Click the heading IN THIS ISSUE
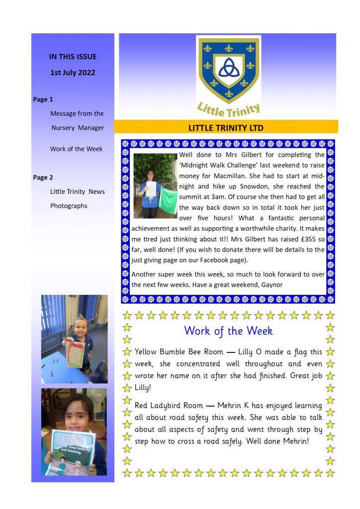[73, 57]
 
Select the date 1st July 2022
[73, 73]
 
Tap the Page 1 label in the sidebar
[43, 99]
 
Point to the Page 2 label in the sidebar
[43, 177]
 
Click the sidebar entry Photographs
[69, 206]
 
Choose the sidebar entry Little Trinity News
[78, 191]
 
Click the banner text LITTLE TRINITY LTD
[226, 128]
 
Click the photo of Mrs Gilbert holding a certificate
[155, 185]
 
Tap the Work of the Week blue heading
[228, 331]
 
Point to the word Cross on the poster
[72, 439]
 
